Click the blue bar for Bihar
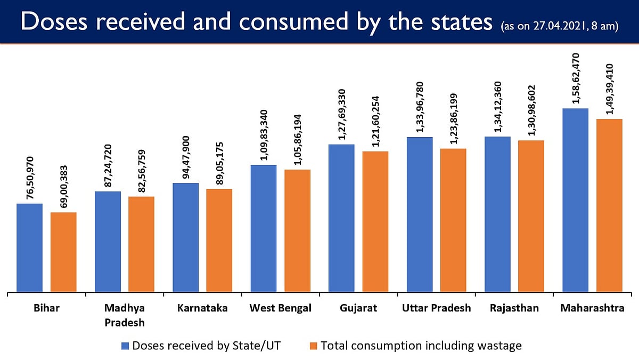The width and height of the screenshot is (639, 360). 29,248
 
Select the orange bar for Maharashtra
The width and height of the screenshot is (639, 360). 609,205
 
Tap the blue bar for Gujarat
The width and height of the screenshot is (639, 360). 341,218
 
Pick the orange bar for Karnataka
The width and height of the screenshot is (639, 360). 219,241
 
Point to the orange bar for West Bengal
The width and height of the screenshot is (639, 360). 297,231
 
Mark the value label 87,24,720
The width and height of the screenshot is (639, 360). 108,161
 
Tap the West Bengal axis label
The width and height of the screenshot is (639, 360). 281,308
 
